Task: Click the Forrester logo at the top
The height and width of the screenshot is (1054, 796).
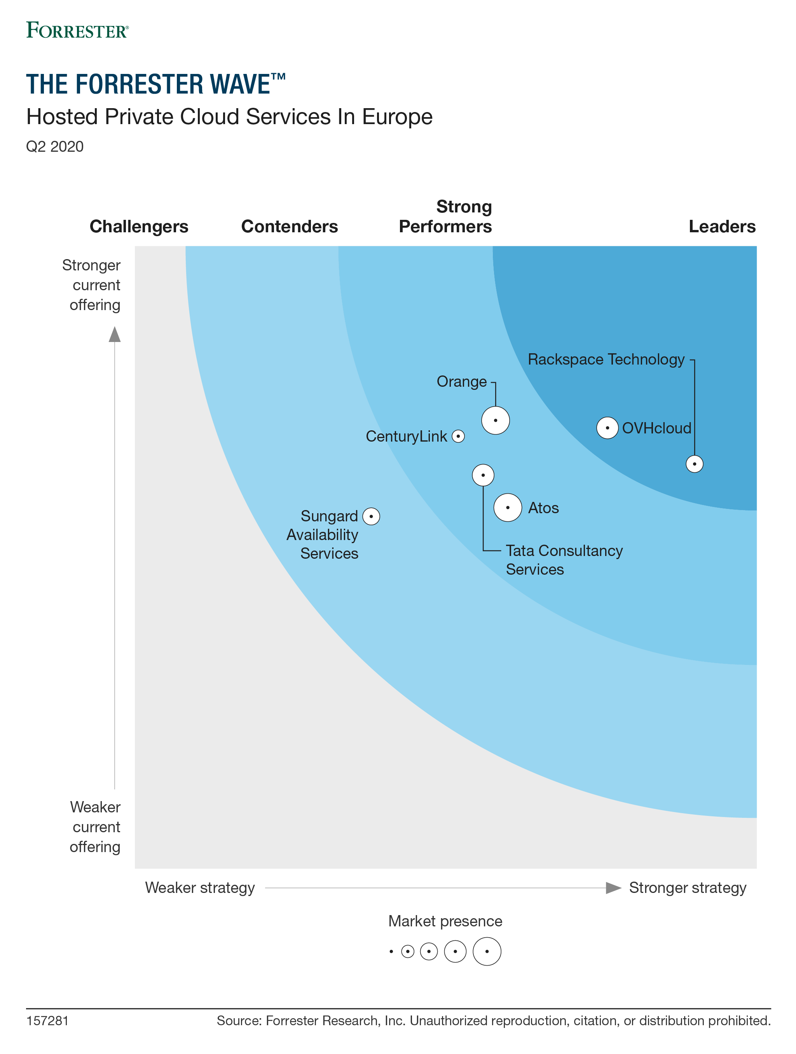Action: point(77,30)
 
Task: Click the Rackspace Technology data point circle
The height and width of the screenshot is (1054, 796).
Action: point(694,464)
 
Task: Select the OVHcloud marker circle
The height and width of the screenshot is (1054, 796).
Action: point(607,428)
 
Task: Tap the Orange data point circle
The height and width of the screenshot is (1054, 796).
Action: point(495,420)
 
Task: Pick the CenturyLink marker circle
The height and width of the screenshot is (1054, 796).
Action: point(458,436)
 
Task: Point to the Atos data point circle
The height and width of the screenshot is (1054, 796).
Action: point(508,507)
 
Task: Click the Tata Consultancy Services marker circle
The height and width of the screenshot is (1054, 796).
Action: point(483,475)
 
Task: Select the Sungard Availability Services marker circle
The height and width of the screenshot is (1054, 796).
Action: point(371,516)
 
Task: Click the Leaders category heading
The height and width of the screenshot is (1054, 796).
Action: point(722,226)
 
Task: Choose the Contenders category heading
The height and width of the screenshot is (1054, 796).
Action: point(290,226)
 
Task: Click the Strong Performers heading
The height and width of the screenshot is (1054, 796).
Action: point(445,217)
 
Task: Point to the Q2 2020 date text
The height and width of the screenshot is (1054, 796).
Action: point(55,146)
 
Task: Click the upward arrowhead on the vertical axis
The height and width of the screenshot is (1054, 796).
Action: point(115,335)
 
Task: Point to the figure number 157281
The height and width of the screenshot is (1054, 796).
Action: point(47,1021)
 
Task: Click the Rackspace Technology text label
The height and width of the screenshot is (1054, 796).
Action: point(606,359)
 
